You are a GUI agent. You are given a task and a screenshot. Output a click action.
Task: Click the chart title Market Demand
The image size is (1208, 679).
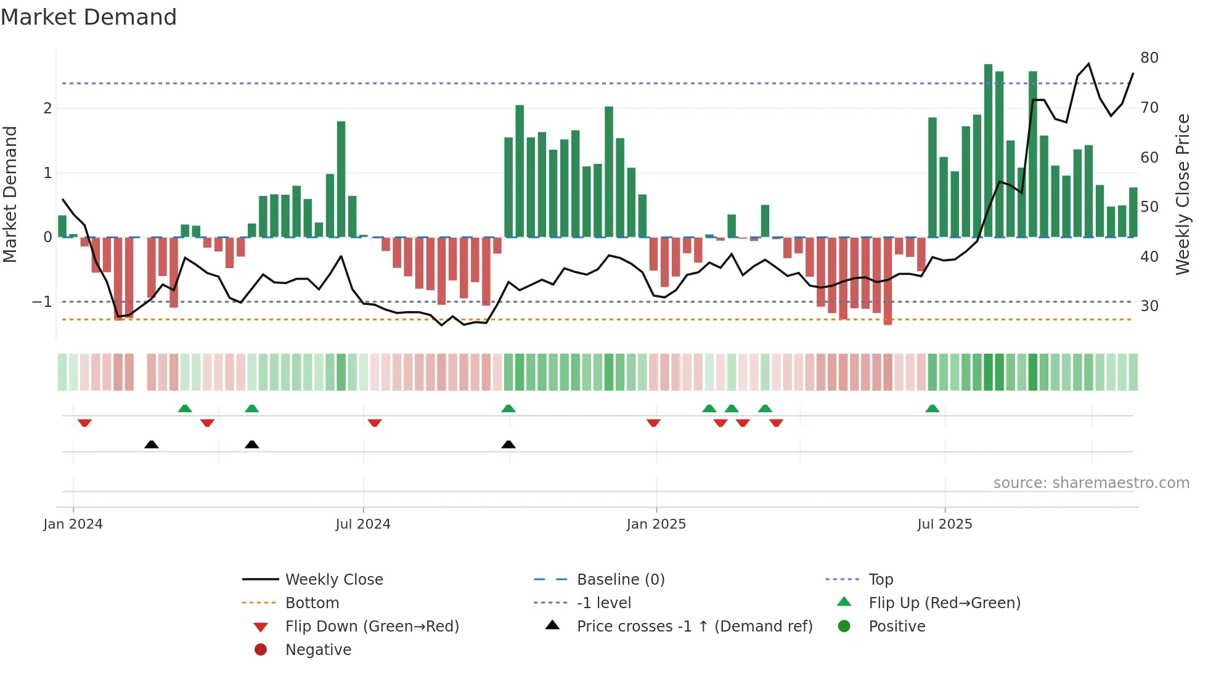coord(89,17)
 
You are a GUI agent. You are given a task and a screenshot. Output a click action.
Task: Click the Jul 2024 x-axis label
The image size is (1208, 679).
coord(362,524)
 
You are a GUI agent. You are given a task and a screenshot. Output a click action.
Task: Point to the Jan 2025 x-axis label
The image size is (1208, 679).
coord(656,524)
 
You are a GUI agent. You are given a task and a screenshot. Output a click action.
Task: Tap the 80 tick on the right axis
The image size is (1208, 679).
coord(1149,58)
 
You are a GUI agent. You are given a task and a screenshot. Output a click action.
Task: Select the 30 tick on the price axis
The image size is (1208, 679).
coord(1149,306)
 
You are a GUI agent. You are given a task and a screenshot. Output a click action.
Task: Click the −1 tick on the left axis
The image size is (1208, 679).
coord(42,302)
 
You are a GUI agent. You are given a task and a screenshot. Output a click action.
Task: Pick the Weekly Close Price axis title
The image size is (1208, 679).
coord(1182,194)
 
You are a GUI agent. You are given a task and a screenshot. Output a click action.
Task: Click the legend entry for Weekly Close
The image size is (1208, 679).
coord(333,580)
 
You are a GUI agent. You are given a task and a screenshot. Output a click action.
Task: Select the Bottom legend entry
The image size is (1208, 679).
coord(312,603)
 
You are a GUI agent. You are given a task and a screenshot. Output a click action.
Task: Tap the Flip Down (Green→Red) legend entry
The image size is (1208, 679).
coord(372,627)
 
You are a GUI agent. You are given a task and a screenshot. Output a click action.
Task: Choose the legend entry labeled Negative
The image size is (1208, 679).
coord(318,650)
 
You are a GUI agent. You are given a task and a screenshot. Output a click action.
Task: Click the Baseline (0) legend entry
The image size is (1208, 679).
coord(620,580)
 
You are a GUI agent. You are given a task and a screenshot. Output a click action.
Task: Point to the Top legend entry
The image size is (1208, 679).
coord(880,580)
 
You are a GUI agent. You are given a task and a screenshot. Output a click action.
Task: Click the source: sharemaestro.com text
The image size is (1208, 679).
coord(1091,483)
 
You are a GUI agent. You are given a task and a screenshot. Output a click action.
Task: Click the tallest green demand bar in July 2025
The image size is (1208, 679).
coord(988,148)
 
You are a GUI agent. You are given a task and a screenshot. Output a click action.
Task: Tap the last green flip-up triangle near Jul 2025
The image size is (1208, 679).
coord(932,409)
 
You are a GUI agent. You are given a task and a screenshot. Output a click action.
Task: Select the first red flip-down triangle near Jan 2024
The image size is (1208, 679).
coord(84,423)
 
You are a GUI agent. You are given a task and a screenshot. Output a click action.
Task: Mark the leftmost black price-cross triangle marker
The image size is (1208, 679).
coord(151,444)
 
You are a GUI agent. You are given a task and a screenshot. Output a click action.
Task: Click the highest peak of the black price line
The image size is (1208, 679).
coord(1088,64)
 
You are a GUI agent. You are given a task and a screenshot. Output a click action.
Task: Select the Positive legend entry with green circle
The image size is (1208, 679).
coord(896,627)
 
